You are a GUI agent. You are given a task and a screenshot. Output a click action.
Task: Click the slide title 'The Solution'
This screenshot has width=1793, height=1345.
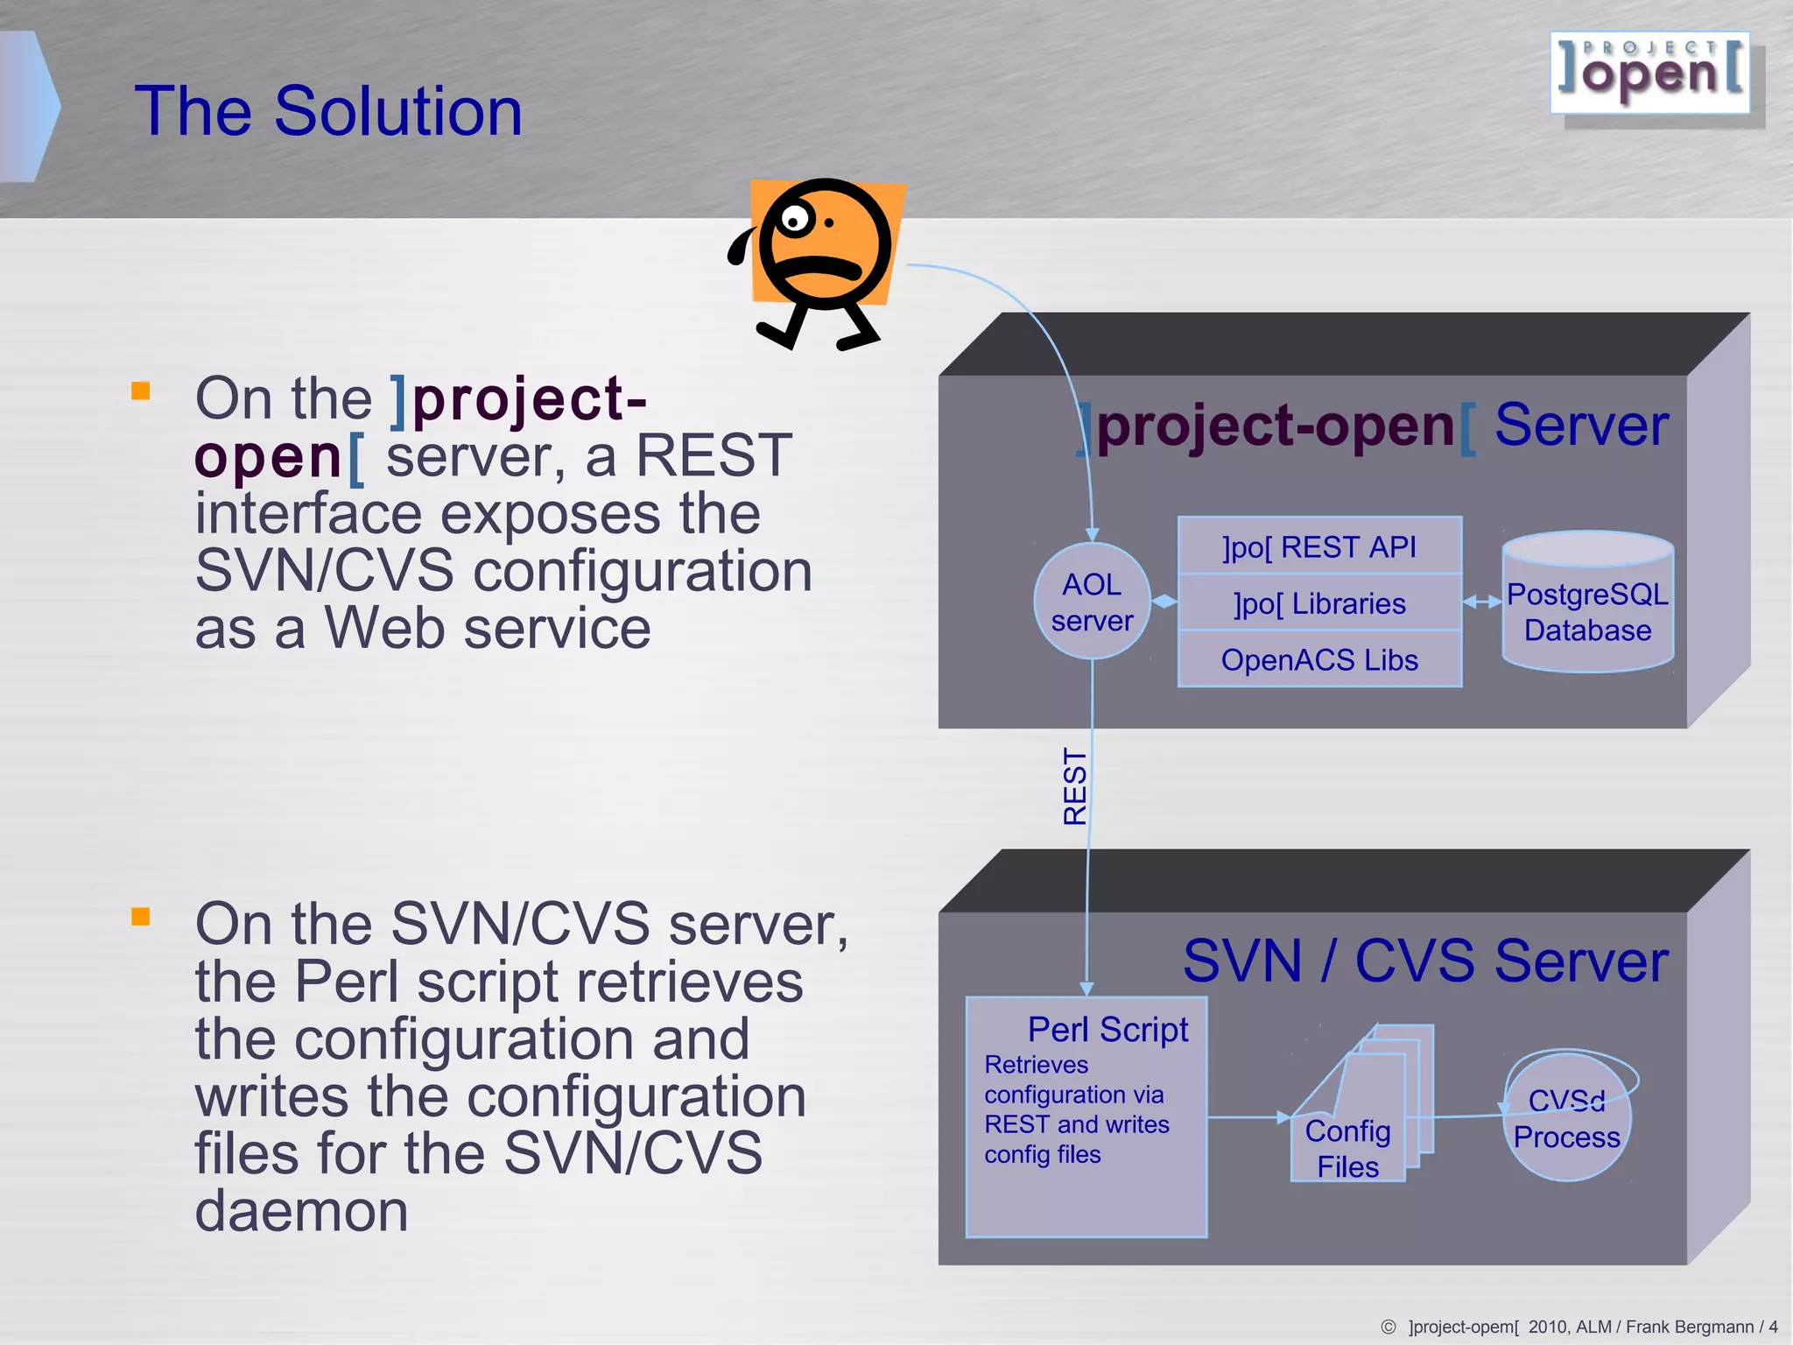[x=328, y=111]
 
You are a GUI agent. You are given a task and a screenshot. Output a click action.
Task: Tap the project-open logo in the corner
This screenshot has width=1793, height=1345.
[x=1650, y=74]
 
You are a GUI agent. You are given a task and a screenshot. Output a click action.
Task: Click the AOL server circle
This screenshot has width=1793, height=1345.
[x=1092, y=602]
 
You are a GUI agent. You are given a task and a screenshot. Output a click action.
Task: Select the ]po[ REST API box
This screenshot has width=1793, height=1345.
[x=1319, y=546]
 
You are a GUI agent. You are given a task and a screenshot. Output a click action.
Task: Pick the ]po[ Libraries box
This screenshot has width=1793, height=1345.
[x=1319, y=603]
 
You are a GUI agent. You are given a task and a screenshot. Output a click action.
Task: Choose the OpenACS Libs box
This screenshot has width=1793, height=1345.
[x=1319, y=659]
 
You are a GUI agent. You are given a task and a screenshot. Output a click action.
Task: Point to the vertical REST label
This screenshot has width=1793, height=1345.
[x=1074, y=786]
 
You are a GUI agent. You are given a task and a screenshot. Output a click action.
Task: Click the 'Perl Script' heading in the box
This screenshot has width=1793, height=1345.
[x=1107, y=1030]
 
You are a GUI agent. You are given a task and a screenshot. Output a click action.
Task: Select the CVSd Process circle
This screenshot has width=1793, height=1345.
[x=1567, y=1119]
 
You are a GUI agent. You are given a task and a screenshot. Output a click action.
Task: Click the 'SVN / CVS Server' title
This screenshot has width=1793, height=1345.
[x=1425, y=961]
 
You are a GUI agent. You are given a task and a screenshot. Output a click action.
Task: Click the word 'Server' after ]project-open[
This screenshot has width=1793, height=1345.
[x=1581, y=426]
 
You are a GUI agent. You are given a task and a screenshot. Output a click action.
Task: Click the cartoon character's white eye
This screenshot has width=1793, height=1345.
[x=794, y=219]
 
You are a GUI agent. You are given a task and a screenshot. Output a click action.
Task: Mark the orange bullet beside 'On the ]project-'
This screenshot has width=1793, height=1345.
[x=141, y=391]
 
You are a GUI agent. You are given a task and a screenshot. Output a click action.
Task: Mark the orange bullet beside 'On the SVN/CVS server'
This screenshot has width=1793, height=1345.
[x=141, y=916]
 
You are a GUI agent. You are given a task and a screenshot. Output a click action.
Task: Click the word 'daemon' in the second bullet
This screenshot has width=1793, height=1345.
[x=301, y=1211]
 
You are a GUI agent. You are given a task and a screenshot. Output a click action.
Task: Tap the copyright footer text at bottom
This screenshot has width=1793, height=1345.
[x=1580, y=1327]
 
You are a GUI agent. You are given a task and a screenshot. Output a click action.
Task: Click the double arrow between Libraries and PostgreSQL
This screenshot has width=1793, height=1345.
[x=1482, y=602]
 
